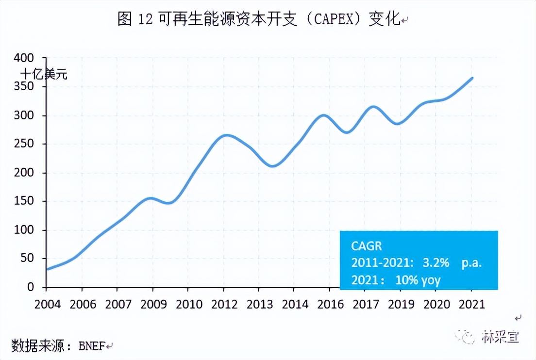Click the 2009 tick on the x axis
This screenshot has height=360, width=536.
tap(153, 304)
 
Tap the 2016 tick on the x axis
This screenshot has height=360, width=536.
tap(329, 304)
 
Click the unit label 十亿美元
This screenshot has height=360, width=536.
tap(44, 75)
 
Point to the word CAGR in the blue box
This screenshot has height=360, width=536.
tap(367, 246)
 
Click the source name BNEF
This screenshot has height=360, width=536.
tap(90, 346)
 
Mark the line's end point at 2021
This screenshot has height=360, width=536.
tap(472, 78)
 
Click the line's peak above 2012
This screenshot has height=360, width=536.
tap(225, 135)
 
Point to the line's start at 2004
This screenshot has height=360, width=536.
tap(47, 269)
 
